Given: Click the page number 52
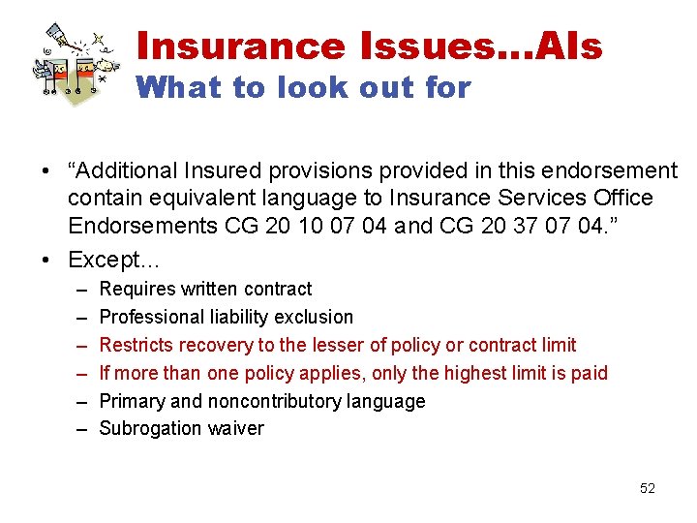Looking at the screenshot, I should click(x=648, y=488).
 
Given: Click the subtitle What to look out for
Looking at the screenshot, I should click(x=303, y=88).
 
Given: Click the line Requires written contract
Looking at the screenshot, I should click(x=205, y=289).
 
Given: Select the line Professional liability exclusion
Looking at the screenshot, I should click(x=227, y=317).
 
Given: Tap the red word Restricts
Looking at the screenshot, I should click(x=136, y=345).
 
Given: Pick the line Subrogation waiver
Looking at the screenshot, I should click(x=181, y=429).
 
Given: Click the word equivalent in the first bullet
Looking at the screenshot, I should click(x=199, y=198).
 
